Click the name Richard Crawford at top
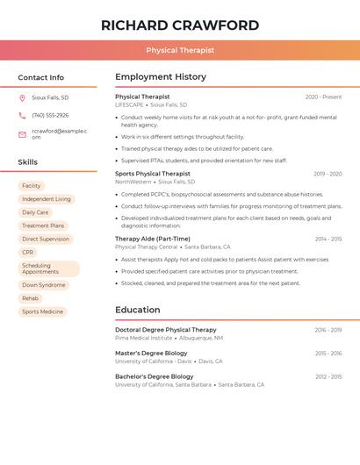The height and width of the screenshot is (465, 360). click(180, 25)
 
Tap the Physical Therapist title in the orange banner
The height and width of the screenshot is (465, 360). click(180, 50)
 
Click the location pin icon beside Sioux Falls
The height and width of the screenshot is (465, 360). click(22, 97)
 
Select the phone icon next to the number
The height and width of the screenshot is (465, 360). click(22, 116)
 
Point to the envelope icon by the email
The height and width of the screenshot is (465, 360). click(22, 134)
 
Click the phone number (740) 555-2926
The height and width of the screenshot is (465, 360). click(50, 116)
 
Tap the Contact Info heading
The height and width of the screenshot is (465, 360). click(41, 77)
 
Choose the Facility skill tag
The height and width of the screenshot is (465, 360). click(32, 186)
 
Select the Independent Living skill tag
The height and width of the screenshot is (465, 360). click(47, 199)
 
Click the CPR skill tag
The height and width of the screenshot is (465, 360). click(28, 252)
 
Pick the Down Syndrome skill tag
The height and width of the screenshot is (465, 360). click(44, 285)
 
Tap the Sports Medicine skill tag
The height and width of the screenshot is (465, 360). click(43, 311)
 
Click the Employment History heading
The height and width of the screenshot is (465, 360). click(161, 77)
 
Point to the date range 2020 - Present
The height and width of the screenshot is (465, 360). click(323, 97)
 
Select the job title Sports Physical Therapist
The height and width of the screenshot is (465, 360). click(153, 174)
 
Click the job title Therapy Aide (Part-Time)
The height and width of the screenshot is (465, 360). click(153, 239)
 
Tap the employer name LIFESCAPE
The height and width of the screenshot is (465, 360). click(129, 104)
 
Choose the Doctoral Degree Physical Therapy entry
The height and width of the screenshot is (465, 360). click(166, 330)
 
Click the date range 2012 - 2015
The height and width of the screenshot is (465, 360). click(328, 376)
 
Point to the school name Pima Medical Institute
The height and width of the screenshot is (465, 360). click(144, 338)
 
